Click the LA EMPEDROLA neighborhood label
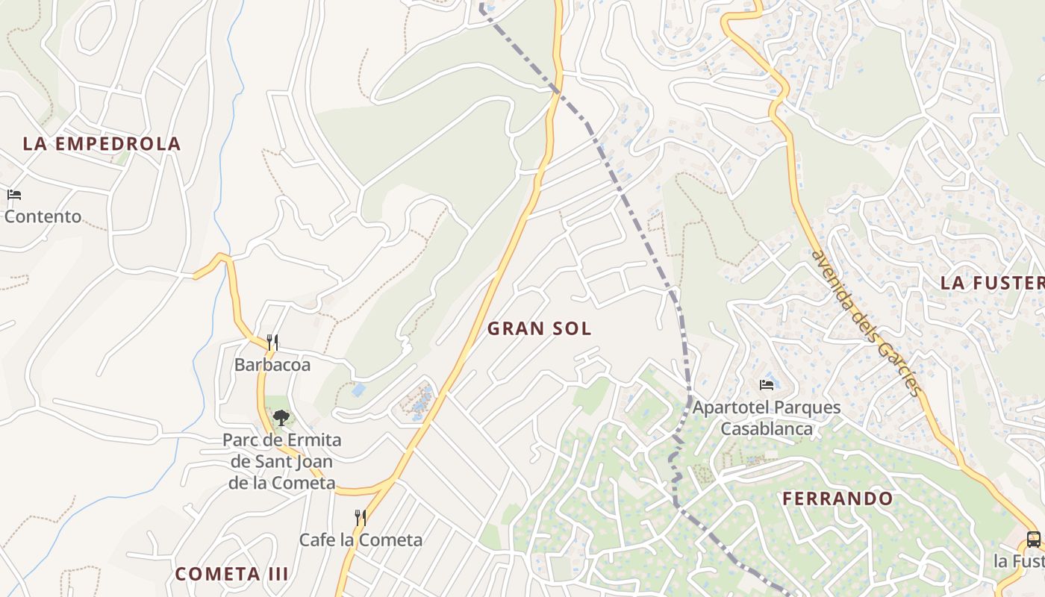click(102, 143)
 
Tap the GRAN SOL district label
click(539, 328)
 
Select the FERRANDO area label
click(837, 498)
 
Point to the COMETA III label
click(231, 574)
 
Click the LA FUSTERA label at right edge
click(993, 283)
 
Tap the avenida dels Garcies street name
click(866, 322)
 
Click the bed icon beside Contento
click(14, 196)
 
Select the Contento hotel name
click(43, 216)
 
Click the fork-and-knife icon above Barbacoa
click(272, 343)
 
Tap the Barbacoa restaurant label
click(272, 365)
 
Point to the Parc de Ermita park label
click(282, 461)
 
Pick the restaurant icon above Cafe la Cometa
click(361, 517)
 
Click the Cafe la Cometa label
click(361, 540)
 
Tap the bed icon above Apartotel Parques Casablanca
click(767, 385)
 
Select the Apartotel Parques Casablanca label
click(767, 418)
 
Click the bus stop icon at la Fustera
click(1033, 539)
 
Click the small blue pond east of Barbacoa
click(359, 390)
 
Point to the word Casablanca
click(767, 429)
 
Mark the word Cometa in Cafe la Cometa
click(393, 540)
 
